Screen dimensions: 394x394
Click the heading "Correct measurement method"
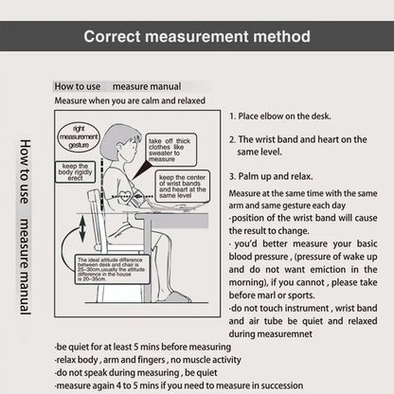(196, 38)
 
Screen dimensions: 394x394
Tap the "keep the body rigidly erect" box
(69, 174)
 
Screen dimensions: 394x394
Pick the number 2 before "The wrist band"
(232, 139)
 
